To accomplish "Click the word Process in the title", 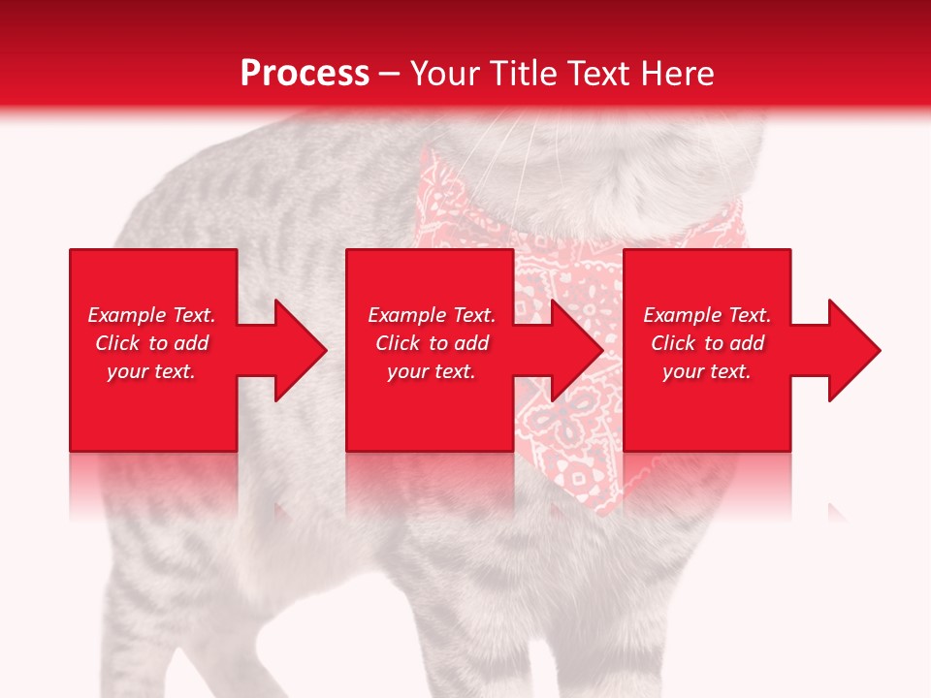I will [x=305, y=74].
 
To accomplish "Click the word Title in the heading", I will [x=523, y=74].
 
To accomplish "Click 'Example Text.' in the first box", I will [x=151, y=315].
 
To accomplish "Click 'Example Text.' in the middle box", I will [x=432, y=315].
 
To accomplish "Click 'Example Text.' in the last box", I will [x=707, y=315].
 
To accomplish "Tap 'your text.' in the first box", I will [x=151, y=371].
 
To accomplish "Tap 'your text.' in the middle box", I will [x=432, y=371].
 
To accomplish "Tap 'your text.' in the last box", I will [x=707, y=371].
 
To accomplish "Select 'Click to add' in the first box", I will [x=151, y=343].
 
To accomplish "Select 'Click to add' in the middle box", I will [x=432, y=343].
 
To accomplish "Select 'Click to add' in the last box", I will [x=707, y=343].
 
